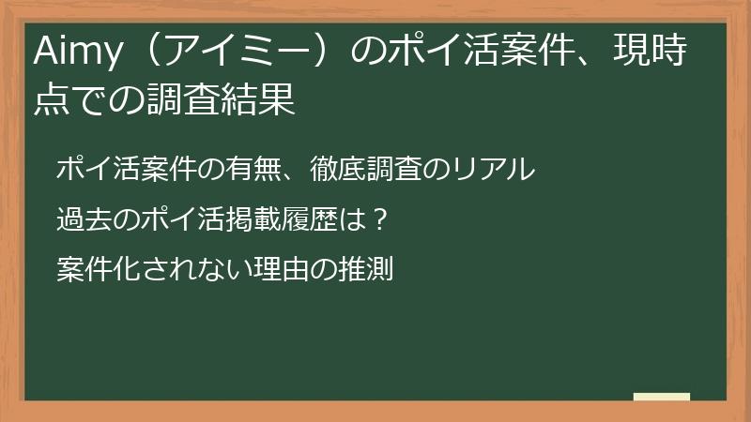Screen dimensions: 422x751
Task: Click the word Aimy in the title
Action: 75,53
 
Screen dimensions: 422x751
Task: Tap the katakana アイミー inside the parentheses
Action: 244,53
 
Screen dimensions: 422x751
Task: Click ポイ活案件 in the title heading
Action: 487,53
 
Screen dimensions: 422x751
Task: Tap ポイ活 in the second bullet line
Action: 175,220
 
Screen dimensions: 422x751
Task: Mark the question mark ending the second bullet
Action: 379,220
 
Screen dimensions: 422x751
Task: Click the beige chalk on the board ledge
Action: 661,397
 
